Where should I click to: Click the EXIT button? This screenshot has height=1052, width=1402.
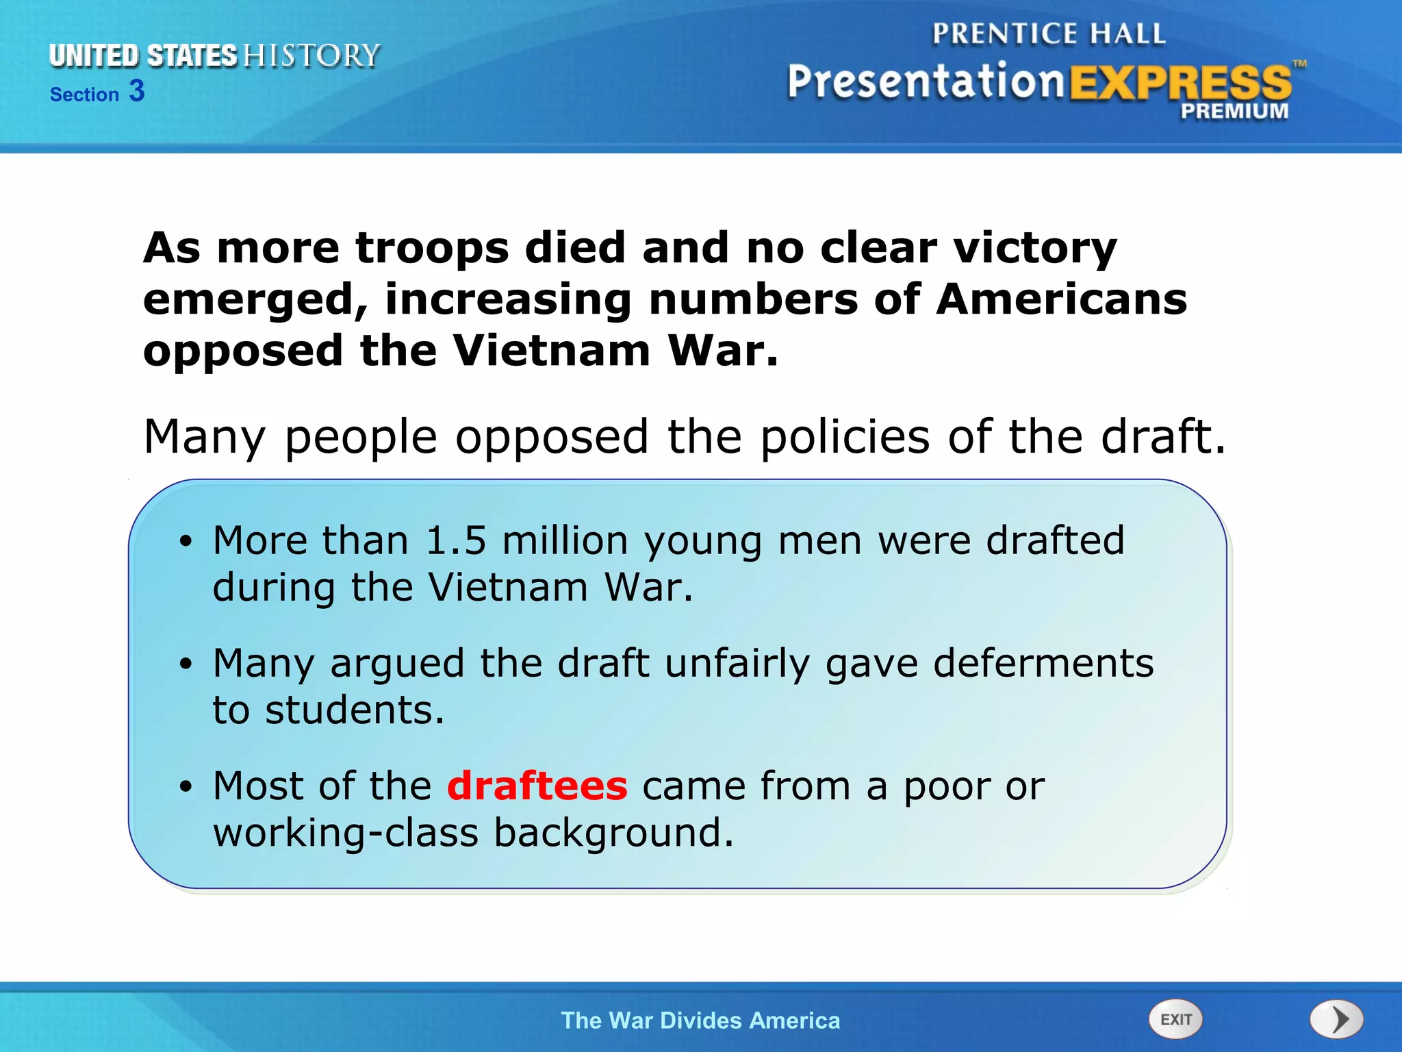(x=1175, y=1019)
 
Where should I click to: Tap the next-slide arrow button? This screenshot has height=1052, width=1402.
(x=1336, y=1019)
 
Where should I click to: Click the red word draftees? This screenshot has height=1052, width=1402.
(x=537, y=786)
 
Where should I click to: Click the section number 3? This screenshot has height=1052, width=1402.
(x=137, y=91)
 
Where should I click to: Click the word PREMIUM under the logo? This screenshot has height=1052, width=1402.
(x=1234, y=111)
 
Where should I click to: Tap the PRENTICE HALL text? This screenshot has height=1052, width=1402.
(x=1049, y=34)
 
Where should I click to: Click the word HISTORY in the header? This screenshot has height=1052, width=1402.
(x=311, y=55)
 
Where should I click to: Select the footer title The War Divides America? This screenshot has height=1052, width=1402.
(x=700, y=1020)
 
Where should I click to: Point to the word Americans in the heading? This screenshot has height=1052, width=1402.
(x=1061, y=300)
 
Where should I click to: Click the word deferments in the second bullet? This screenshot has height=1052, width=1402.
(x=1043, y=663)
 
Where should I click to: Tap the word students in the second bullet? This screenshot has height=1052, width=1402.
(x=355, y=710)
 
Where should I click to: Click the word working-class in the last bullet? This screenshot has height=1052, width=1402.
(x=345, y=833)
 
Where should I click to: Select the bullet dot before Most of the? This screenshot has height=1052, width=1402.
(x=186, y=787)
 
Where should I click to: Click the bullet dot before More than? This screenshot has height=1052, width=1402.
(x=186, y=542)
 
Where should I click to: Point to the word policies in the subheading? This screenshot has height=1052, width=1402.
(x=845, y=436)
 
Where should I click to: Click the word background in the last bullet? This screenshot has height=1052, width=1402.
(x=613, y=833)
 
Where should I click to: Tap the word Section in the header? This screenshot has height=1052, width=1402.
(x=84, y=95)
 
